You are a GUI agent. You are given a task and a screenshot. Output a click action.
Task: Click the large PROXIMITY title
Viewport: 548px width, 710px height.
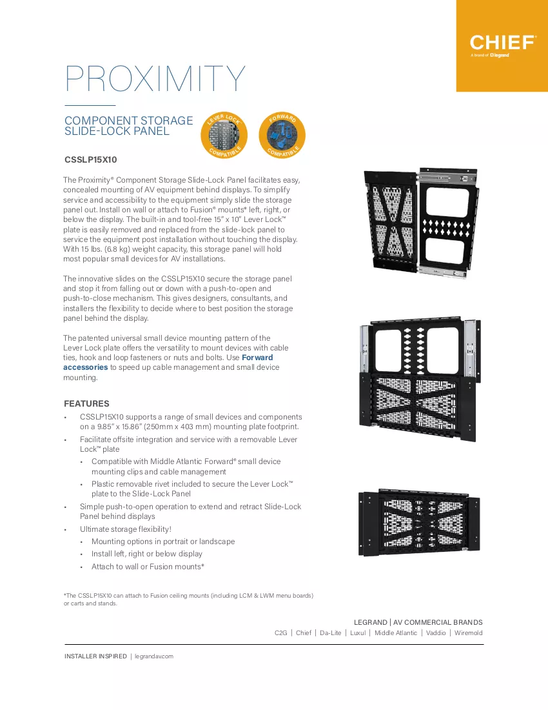click(155, 79)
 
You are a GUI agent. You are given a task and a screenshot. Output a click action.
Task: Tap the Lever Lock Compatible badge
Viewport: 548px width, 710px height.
click(224, 135)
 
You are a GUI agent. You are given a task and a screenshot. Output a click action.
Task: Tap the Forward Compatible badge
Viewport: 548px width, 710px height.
click(282, 135)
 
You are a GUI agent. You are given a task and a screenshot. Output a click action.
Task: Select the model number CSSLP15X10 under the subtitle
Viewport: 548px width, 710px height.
click(91, 160)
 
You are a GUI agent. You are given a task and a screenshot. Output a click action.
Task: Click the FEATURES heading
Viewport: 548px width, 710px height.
click(86, 403)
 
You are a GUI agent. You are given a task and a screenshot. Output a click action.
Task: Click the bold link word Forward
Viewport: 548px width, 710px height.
click(257, 358)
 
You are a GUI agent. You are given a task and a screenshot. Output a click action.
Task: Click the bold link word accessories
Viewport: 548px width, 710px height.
click(86, 367)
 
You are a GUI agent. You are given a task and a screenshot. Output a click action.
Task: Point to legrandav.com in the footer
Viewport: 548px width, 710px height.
click(153, 656)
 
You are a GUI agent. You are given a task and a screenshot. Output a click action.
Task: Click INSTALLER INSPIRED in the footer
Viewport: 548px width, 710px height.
click(95, 656)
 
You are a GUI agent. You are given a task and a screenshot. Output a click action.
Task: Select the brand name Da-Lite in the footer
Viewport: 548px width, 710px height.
click(331, 633)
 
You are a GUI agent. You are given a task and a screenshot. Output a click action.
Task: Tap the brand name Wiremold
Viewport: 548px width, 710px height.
click(469, 633)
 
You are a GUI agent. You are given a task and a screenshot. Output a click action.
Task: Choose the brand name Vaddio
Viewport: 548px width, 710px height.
click(436, 633)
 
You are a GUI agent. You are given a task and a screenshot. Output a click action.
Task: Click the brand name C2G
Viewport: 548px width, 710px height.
click(281, 633)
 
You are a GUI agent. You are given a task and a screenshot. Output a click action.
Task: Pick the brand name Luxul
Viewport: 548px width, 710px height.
click(358, 633)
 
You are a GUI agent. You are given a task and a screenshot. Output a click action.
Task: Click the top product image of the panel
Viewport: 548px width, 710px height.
click(421, 223)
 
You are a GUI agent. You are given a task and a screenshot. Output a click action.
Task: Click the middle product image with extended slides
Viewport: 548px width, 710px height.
click(420, 380)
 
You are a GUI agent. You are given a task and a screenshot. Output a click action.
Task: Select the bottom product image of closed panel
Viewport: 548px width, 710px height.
click(419, 523)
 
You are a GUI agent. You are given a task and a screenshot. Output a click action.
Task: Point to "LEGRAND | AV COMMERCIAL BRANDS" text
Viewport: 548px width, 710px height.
click(418, 622)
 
